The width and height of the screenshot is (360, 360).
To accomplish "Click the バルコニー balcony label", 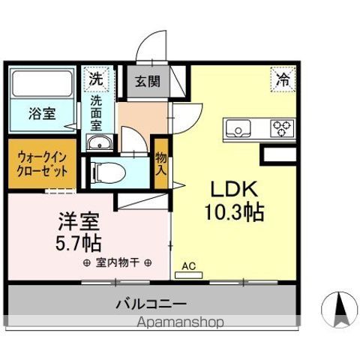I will coord(150,304).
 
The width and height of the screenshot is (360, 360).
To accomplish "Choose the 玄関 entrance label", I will coord(147,81).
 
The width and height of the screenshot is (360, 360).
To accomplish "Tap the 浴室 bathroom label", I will coord(41,115).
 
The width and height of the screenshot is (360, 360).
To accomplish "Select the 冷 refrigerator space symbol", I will coord(283,78).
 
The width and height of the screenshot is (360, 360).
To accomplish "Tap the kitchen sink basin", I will coord(239,129).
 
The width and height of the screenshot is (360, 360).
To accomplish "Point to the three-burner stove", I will coord(283,128).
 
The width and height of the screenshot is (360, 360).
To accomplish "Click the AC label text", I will coord(190,265).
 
